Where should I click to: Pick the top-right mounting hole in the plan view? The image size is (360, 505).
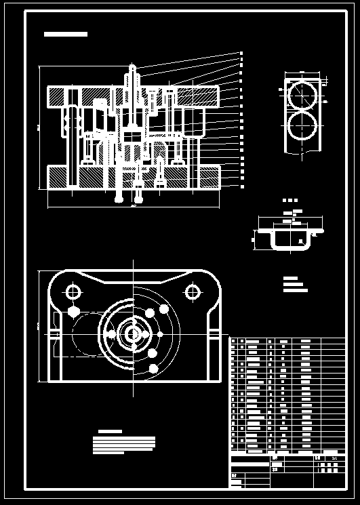tap(193, 292)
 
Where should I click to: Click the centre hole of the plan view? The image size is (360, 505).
tap(133, 334)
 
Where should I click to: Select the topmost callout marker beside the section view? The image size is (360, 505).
tap(241, 53)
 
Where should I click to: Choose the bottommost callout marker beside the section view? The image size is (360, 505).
tap(241, 186)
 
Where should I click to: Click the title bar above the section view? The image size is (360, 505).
tap(65, 34)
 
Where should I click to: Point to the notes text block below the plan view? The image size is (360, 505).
tap(124, 444)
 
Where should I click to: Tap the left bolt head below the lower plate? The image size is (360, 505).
tap(120, 199)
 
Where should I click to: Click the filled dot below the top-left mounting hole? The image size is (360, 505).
tap(73, 312)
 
